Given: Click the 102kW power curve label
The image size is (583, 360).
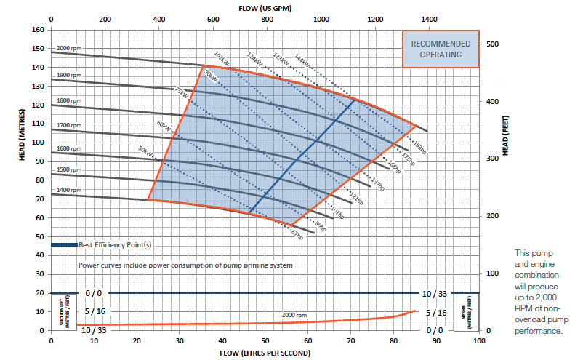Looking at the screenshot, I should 222,57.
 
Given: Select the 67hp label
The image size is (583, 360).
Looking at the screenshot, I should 295,236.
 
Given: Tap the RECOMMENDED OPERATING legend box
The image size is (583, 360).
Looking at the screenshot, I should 441,49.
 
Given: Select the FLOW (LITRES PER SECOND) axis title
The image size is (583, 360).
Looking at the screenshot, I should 265,353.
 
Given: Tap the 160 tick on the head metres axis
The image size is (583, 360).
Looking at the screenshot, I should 39,30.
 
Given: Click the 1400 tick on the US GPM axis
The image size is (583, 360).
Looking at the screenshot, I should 429,20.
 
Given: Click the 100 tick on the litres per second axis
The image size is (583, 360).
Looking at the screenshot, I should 478,340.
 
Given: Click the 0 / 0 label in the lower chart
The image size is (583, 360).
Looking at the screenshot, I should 93,293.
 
